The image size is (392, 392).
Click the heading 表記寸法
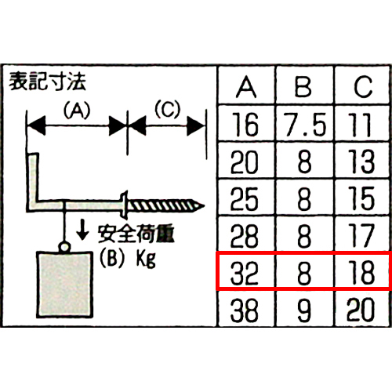click(x=47, y=82)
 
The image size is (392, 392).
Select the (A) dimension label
click(x=77, y=110)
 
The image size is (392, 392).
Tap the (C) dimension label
click(x=168, y=109)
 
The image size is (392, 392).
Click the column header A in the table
click(x=246, y=87)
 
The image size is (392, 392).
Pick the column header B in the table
click(x=303, y=87)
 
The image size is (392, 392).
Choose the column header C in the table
click(x=363, y=87)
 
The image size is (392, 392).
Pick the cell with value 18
click(x=362, y=272)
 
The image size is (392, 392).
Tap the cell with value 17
click(x=362, y=235)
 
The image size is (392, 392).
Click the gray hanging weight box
click(x=65, y=285)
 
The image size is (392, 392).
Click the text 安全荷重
click(x=136, y=234)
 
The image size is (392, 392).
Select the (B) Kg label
click(x=128, y=259)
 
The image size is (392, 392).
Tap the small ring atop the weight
click(x=64, y=247)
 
